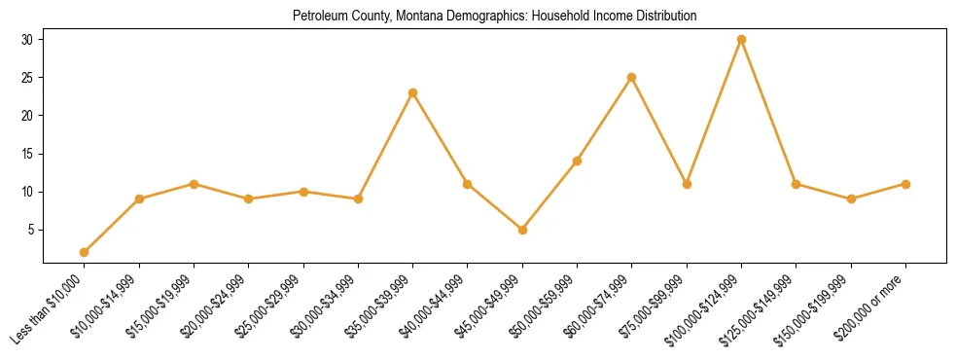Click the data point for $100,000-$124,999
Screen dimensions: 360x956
(x=741, y=40)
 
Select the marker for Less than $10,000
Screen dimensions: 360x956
(x=85, y=252)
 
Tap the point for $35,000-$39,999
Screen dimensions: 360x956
(x=413, y=93)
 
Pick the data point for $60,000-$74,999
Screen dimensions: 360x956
(x=632, y=78)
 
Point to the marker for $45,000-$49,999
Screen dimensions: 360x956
(x=522, y=230)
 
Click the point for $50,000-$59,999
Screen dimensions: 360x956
(x=577, y=161)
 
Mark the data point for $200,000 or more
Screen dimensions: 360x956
(x=905, y=184)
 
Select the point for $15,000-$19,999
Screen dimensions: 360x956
(x=195, y=184)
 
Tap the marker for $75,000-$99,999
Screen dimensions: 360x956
(x=687, y=184)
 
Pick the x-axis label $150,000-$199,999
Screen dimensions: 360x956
(x=818, y=306)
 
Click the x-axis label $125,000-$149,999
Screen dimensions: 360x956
(x=763, y=306)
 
